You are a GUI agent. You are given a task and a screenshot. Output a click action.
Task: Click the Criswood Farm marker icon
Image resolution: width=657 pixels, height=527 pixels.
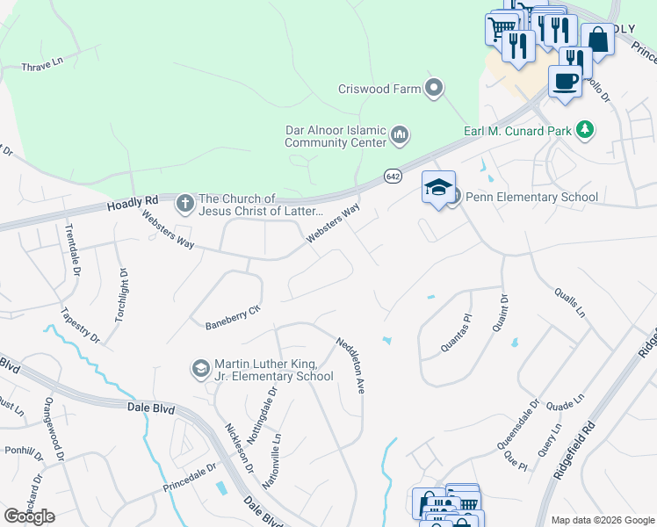click(433, 88)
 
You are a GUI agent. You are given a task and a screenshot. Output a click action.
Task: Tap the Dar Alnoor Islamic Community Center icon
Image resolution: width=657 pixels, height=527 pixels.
click(400, 135)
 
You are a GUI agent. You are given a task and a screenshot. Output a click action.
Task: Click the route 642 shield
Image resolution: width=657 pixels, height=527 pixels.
click(393, 177)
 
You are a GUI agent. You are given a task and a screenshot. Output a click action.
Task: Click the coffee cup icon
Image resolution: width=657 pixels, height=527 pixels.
click(565, 81)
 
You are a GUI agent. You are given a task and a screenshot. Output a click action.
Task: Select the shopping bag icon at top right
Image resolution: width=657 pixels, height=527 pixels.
click(597, 40)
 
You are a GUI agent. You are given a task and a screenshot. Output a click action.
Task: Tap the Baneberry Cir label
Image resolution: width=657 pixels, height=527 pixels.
click(233, 314)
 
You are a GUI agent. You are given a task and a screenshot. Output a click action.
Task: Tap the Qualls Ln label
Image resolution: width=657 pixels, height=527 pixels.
click(568, 300)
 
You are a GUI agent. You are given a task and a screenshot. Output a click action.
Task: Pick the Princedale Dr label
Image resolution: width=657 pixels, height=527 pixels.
click(189, 478)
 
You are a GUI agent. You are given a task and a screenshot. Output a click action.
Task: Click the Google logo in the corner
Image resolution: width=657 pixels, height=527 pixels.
click(29, 516)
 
